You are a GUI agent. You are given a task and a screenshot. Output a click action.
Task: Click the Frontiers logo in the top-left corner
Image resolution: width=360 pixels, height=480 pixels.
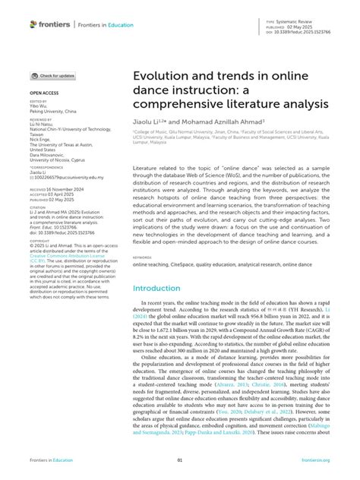[x=50, y=24]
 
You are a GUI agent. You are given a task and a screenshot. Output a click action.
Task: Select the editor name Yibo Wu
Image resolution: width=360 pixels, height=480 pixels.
[x=37, y=105]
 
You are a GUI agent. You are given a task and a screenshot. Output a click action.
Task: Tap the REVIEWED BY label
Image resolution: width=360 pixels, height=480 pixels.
[x=43, y=119]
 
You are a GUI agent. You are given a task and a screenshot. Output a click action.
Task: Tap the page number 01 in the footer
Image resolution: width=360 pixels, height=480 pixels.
[x=179, y=460]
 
